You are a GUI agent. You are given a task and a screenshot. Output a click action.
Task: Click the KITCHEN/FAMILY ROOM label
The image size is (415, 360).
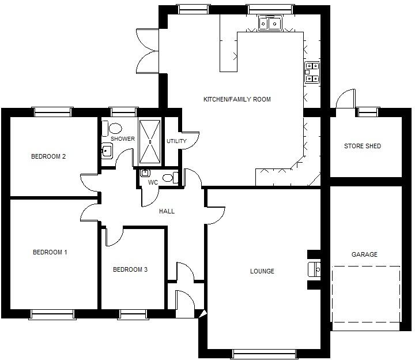tap(237, 99)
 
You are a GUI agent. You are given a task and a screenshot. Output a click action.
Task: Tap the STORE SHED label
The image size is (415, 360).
tap(363, 146)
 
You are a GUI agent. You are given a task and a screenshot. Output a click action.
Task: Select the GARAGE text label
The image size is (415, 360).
tap(364, 254)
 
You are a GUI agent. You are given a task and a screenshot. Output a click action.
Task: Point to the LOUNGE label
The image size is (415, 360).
tap(262, 271)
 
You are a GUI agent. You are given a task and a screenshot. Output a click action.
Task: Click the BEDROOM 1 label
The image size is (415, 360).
tap(50, 252)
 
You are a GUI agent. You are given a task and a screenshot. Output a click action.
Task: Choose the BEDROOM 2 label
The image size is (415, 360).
tap(48, 156)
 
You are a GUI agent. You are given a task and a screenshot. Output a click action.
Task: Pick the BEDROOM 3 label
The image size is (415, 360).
tap(130, 269)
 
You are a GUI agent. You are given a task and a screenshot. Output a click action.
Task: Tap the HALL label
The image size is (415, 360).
tap(167, 211)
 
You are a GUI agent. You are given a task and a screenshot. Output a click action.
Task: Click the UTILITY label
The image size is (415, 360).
tap(176, 141)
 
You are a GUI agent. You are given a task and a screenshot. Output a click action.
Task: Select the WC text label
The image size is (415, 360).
tap(153, 182)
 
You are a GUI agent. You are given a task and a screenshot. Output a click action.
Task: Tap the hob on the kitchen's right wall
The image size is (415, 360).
tap(312, 72)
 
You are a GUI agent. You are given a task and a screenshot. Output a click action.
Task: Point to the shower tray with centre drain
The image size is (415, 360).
tap(150, 141)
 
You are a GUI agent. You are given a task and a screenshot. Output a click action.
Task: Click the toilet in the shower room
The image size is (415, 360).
tap(115, 128)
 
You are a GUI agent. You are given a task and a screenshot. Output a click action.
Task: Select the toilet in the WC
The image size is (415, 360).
tap(169, 178)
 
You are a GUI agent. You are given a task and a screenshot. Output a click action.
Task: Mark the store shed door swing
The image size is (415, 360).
tap(345, 99)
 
